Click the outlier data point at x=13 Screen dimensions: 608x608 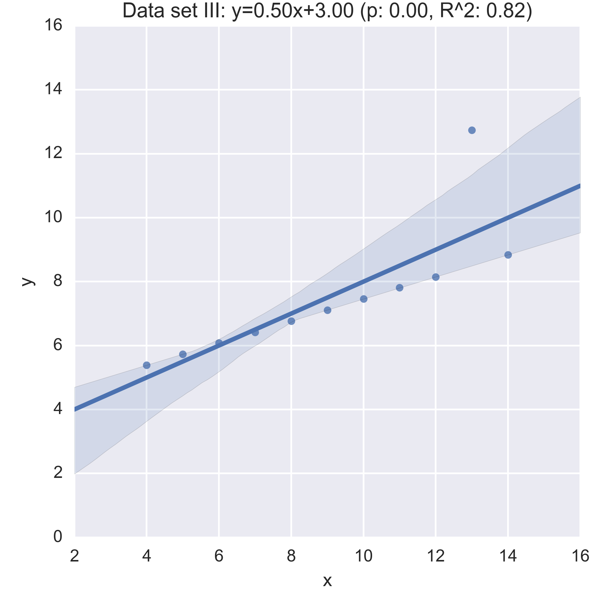click(472, 130)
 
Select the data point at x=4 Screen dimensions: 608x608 click(147, 365)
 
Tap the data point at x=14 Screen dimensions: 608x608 click(508, 255)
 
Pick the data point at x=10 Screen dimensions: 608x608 click(364, 299)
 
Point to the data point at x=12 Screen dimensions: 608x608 click(436, 277)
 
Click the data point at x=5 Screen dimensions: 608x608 click(183, 354)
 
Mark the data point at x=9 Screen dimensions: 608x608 click(328, 310)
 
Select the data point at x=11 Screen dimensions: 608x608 click(400, 288)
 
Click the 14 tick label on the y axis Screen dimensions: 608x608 click(53, 89)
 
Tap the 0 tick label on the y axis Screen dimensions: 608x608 click(57, 537)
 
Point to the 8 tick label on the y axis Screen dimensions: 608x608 click(57, 281)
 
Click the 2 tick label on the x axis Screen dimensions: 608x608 click(74, 556)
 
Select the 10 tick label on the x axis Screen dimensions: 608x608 click(364, 556)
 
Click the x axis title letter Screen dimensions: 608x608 click(327, 581)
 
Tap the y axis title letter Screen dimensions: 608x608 click(28, 281)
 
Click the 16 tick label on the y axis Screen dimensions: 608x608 click(53, 25)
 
